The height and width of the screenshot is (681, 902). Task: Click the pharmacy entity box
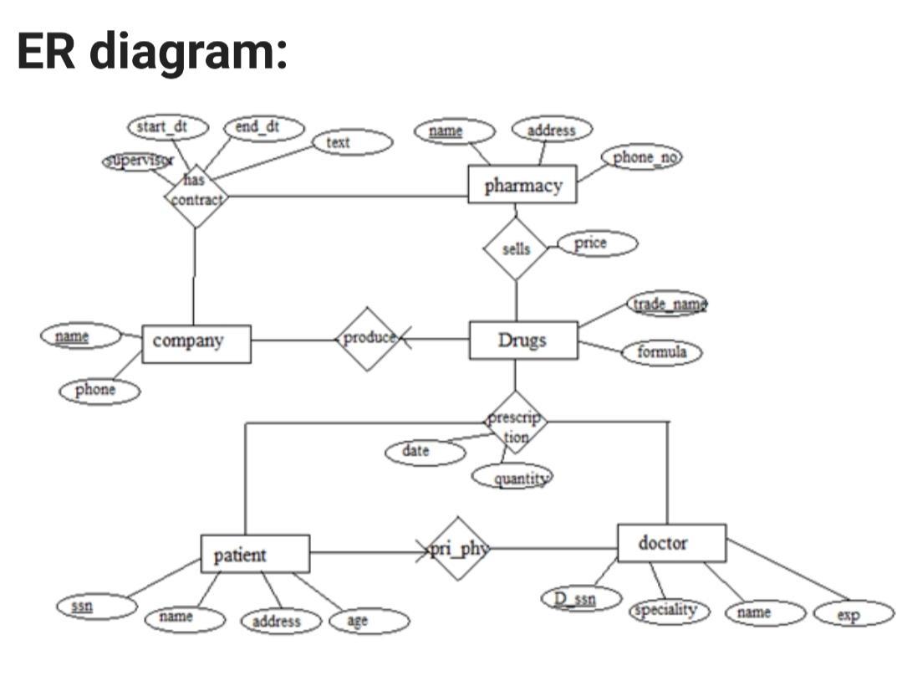click(x=522, y=184)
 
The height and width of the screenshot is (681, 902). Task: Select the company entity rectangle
click(x=196, y=343)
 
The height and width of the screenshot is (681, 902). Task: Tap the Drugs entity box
click(x=522, y=340)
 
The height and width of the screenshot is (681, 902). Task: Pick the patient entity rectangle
click(x=255, y=554)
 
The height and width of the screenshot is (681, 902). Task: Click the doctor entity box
click(x=671, y=544)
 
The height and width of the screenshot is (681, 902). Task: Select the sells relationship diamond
click(x=516, y=248)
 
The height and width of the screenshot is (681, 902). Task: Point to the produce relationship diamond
click(x=368, y=338)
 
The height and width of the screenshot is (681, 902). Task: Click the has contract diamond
click(x=196, y=195)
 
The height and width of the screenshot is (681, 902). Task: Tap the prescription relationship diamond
click(x=516, y=423)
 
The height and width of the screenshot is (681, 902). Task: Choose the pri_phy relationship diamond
click(x=458, y=549)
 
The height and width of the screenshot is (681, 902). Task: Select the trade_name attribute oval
click(x=667, y=304)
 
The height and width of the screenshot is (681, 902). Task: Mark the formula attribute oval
click(x=661, y=353)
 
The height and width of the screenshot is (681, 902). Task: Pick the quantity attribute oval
click(x=512, y=478)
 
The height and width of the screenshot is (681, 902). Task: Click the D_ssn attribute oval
click(x=579, y=598)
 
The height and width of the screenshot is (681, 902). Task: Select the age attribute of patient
click(x=369, y=622)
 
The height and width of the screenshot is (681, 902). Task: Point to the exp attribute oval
click(x=853, y=613)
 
